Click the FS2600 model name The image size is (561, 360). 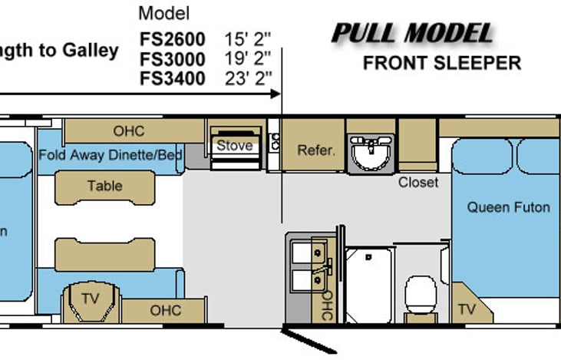[172, 39]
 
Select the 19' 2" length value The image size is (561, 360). [248, 58]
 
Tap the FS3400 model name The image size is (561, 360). [172, 78]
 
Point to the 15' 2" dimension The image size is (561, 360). [248, 39]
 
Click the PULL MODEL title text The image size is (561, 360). [413, 34]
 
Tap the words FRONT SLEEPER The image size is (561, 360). [442, 64]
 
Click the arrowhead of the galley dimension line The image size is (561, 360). [276, 94]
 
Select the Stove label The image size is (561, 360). [235, 146]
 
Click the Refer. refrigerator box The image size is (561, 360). [313, 145]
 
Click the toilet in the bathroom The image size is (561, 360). [421, 295]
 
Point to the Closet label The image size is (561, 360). [418, 183]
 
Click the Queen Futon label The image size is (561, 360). [508, 207]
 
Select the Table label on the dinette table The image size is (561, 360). [105, 186]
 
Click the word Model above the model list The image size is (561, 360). [164, 14]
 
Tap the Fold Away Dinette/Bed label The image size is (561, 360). [111, 155]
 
